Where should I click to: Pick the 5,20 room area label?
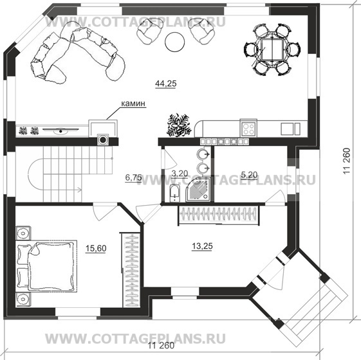(x=249, y=174)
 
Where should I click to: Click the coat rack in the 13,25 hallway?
(x=219, y=215)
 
